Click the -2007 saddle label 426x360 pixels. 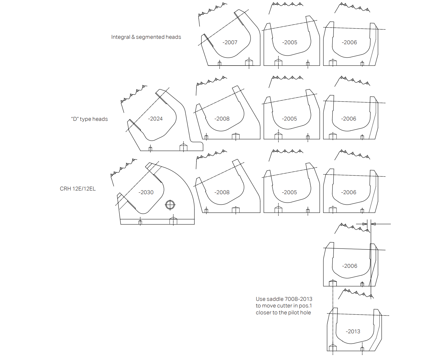coord(230,42)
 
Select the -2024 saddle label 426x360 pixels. coord(155,119)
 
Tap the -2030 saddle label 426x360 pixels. coord(146,192)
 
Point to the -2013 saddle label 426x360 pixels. coord(353,331)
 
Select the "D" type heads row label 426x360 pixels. coord(89,119)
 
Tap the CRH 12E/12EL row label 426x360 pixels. coord(78,189)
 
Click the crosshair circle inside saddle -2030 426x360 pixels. coord(170,205)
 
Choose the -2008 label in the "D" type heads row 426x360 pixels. coord(222,119)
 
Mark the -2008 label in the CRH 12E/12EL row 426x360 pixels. coord(222,192)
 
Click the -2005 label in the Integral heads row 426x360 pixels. coord(290,42)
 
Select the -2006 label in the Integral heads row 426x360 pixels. coord(349,42)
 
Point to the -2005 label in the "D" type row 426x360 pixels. coord(289,119)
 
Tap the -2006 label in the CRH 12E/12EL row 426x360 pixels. coord(349,192)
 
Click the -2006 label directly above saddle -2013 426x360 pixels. coord(350,266)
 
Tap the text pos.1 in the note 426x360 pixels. coord(306,306)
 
